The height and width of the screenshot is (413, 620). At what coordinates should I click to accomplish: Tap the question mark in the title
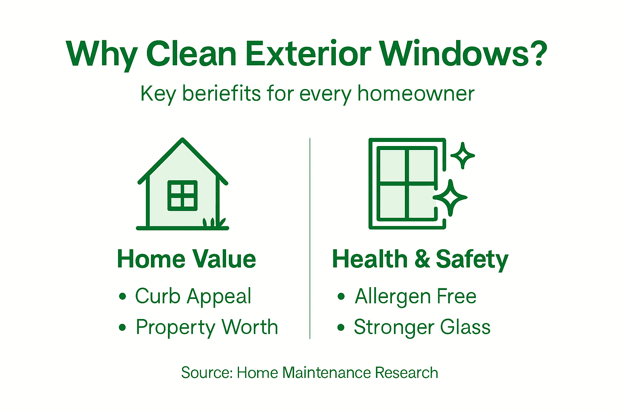tap(537, 54)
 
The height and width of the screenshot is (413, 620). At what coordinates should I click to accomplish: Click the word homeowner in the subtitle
tap(415, 94)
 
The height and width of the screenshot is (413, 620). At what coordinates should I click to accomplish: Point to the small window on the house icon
tap(182, 196)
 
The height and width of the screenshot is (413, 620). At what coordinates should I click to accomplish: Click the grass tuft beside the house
tap(214, 222)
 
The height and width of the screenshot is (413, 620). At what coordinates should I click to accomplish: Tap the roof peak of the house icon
tap(182, 141)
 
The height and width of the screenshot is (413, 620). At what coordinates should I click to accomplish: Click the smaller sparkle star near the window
tap(463, 155)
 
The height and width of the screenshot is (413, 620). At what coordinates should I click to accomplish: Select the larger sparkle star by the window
tap(450, 198)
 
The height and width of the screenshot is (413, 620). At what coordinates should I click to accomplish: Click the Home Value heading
tap(186, 259)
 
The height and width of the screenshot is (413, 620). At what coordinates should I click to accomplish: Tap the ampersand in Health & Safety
tap(422, 259)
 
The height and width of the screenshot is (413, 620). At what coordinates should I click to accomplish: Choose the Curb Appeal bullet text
tap(193, 296)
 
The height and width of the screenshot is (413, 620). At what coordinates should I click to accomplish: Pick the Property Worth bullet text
tap(207, 327)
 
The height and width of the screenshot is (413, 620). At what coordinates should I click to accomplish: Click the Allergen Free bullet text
tap(415, 296)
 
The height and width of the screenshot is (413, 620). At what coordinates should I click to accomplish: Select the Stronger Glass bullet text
tap(422, 327)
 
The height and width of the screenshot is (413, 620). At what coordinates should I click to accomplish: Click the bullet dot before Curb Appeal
tap(123, 297)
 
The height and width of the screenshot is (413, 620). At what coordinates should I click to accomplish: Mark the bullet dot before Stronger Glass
tap(341, 327)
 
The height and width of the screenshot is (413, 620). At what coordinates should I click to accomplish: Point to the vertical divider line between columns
tap(310, 238)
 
